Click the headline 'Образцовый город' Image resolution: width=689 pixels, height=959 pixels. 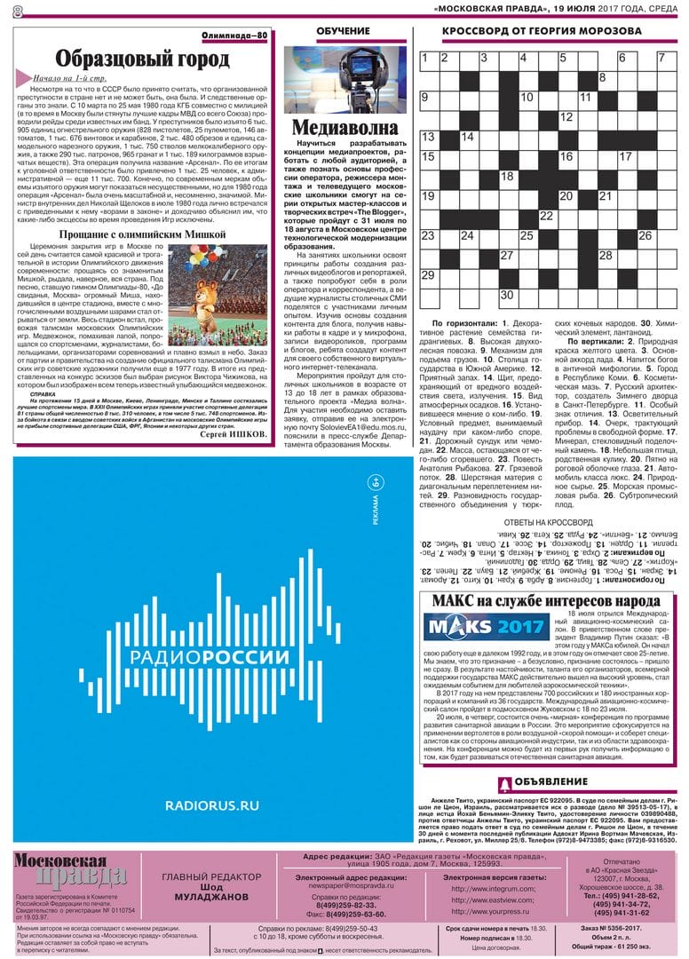coord(142,59)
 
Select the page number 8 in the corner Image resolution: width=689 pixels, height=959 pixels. coord(17,9)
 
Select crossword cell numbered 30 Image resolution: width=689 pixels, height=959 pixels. coord(508,295)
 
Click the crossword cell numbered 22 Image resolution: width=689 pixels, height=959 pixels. coord(547,216)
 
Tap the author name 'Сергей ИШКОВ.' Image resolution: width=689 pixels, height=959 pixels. coord(234,435)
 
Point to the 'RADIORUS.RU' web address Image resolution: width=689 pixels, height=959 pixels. coord(212,805)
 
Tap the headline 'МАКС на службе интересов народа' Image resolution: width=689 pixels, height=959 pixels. coord(545,601)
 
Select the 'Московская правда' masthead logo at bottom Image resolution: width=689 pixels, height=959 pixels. coord(71,872)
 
